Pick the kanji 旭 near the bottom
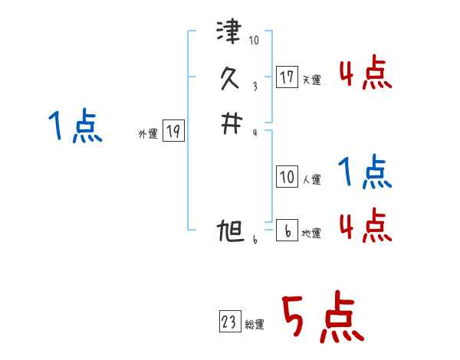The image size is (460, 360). (x=230, y=231)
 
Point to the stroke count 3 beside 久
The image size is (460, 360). (x=255, y=86)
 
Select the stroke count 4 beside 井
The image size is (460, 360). (x=255, y=132)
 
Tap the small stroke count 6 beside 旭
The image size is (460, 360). (x=254, y=240)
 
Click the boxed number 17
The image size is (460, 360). (x=287, y=77)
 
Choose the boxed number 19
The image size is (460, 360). (x=173, y=132)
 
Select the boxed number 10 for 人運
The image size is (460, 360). (x=287, y=177)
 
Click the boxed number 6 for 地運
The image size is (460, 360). (x=287, y=230)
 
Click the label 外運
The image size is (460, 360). (x=148, y=134)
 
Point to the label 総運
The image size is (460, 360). (x=255, y=325)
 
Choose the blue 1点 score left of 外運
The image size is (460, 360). (x=75, y=126)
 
